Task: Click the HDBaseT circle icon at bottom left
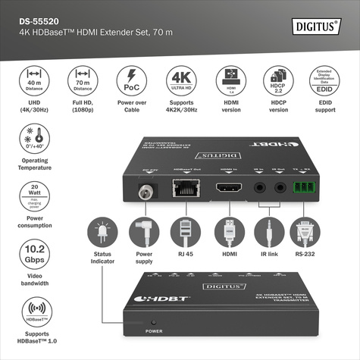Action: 33,312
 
